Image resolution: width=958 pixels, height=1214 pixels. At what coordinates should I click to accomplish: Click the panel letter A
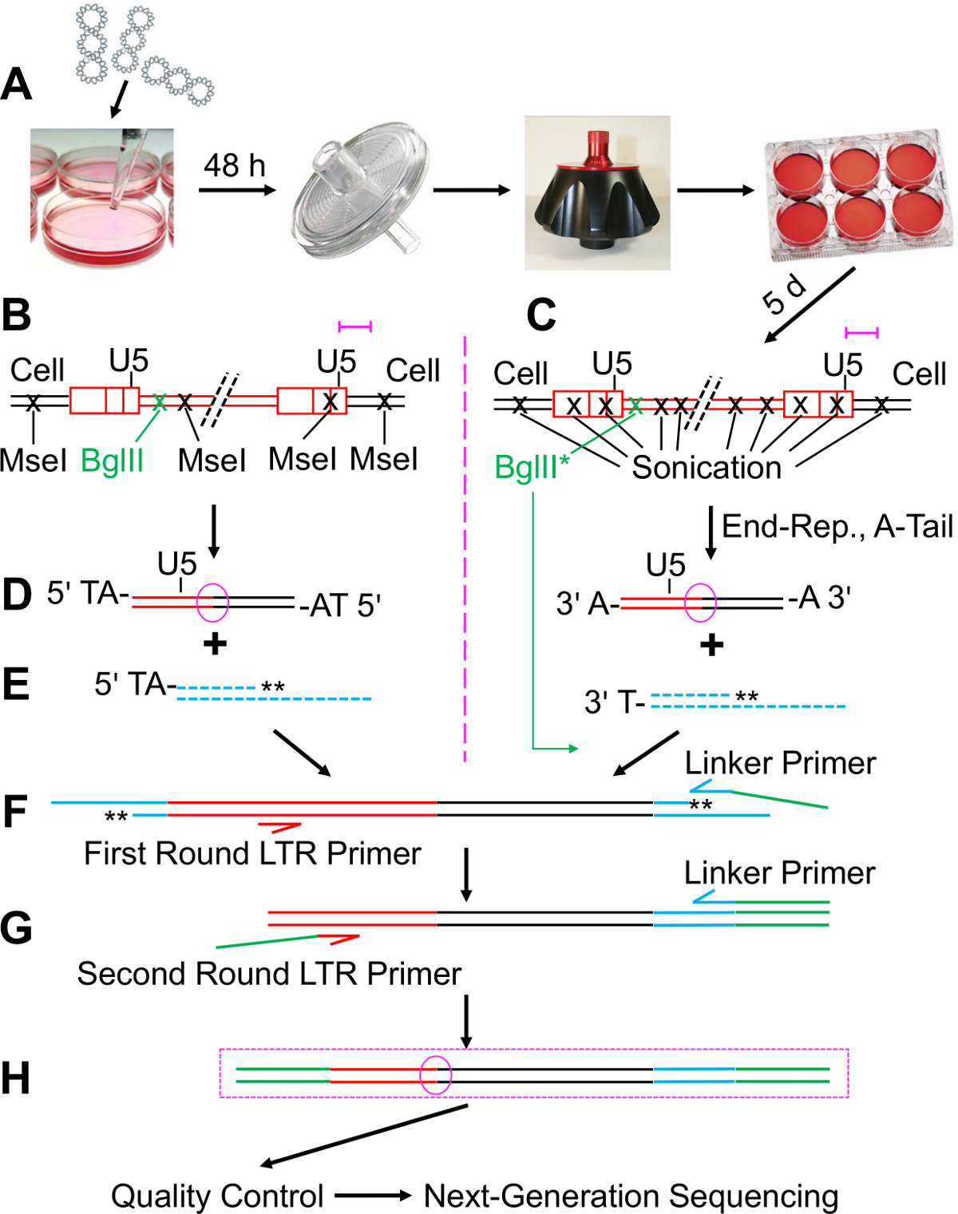[x=17, y=84]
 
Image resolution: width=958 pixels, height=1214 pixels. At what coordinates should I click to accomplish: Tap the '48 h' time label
[x=234, y=166]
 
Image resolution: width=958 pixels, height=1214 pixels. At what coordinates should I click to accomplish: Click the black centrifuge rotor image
[x=597, y=193]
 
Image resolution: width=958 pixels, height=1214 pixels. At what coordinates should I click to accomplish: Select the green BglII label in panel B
[x=113, y=461]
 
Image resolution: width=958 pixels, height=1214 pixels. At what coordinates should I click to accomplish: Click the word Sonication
[x=707, y=468]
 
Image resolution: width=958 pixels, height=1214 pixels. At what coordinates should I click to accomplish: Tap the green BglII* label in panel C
[x=532, y=467]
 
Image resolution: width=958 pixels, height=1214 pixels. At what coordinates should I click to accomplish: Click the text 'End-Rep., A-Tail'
[x=837, y=527]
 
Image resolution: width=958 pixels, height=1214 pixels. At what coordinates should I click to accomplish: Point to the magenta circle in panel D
[x=212, y=602]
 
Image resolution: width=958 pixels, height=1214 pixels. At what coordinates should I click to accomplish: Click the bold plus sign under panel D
[x=215, y=644]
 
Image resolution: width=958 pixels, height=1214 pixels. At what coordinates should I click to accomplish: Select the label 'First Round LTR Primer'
[x=252, y=853]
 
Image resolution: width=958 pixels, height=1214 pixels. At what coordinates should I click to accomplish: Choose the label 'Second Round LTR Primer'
[x=269, y=974]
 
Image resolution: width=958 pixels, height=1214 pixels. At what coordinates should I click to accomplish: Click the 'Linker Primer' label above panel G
[x=779, y=873]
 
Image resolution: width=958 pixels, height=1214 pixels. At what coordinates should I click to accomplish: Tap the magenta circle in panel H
[x=436, y=1074]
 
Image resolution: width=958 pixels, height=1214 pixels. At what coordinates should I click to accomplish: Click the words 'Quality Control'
[x=217, y=1196]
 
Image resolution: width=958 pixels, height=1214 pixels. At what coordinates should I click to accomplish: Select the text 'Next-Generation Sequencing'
[x=631, y=1196]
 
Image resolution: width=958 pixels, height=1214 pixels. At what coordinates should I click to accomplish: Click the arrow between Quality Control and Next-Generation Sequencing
[x=373, y=1196]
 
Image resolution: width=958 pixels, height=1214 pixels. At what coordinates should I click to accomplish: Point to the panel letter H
[x=16, y=1078]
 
